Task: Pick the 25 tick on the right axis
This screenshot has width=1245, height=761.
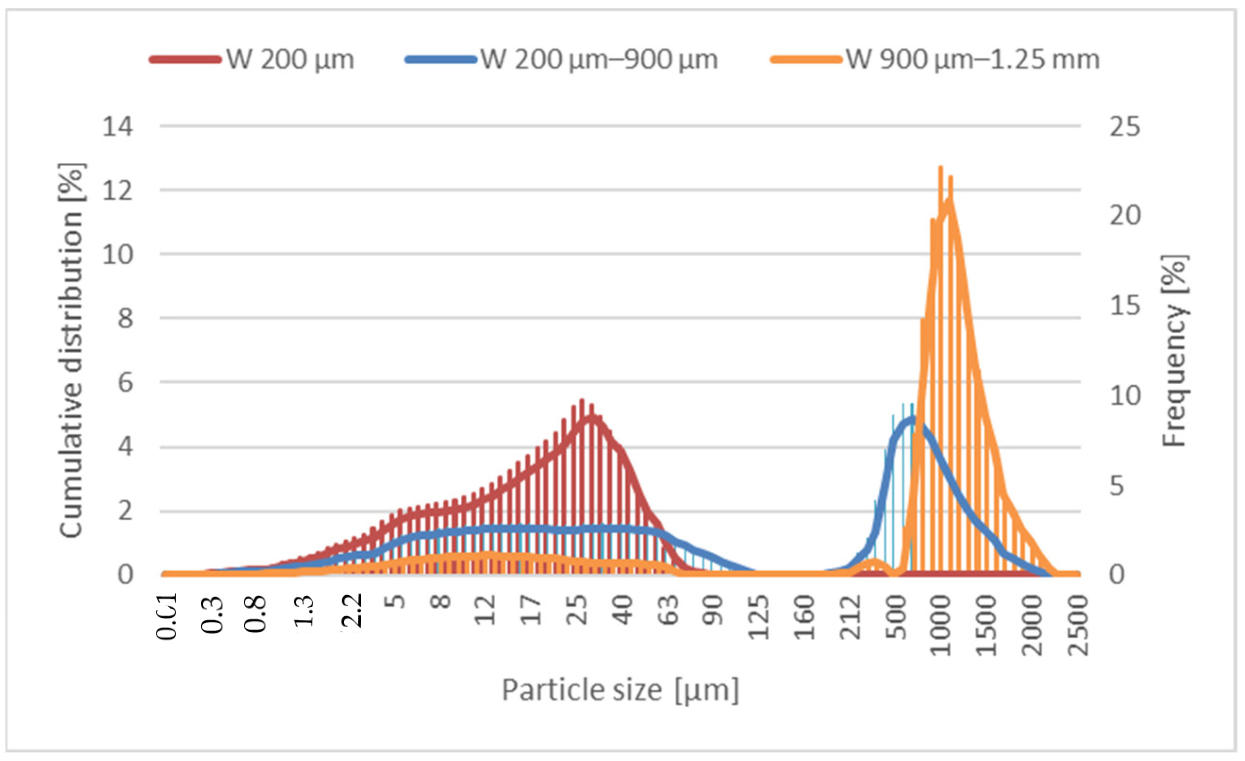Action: point(1125,126)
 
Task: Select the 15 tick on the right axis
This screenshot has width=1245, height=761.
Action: point(1125,305)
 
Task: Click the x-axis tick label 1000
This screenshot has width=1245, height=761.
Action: point(941,625)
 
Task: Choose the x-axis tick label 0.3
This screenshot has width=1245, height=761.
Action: point(212,614)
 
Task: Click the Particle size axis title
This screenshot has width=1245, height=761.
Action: point(620,690)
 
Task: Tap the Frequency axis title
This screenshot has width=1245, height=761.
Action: point(1174,350)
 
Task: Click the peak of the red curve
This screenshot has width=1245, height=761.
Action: point(582,402)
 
